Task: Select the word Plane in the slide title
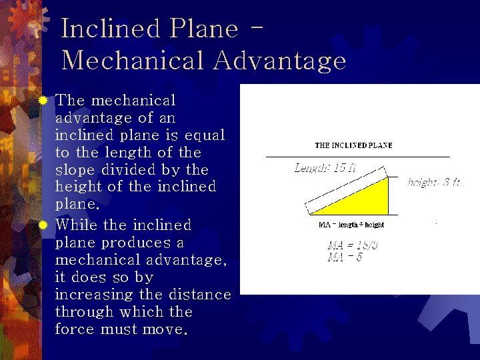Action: pyautogui.click(x=205, y=29)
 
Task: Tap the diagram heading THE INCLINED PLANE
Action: pyautogui.click(x=353, y=145)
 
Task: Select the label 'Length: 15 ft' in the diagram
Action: pyautogui.click(x=325, y=168)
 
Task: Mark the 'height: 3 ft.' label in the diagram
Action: pyautogui.click(x=434, y=183)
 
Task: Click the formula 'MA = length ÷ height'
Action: pyautogui.click(x=351, y=225)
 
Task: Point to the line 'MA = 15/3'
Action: pyautogui.click(x=353, y=245)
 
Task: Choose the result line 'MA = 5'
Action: pyautogui.click(x=345, y=257)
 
